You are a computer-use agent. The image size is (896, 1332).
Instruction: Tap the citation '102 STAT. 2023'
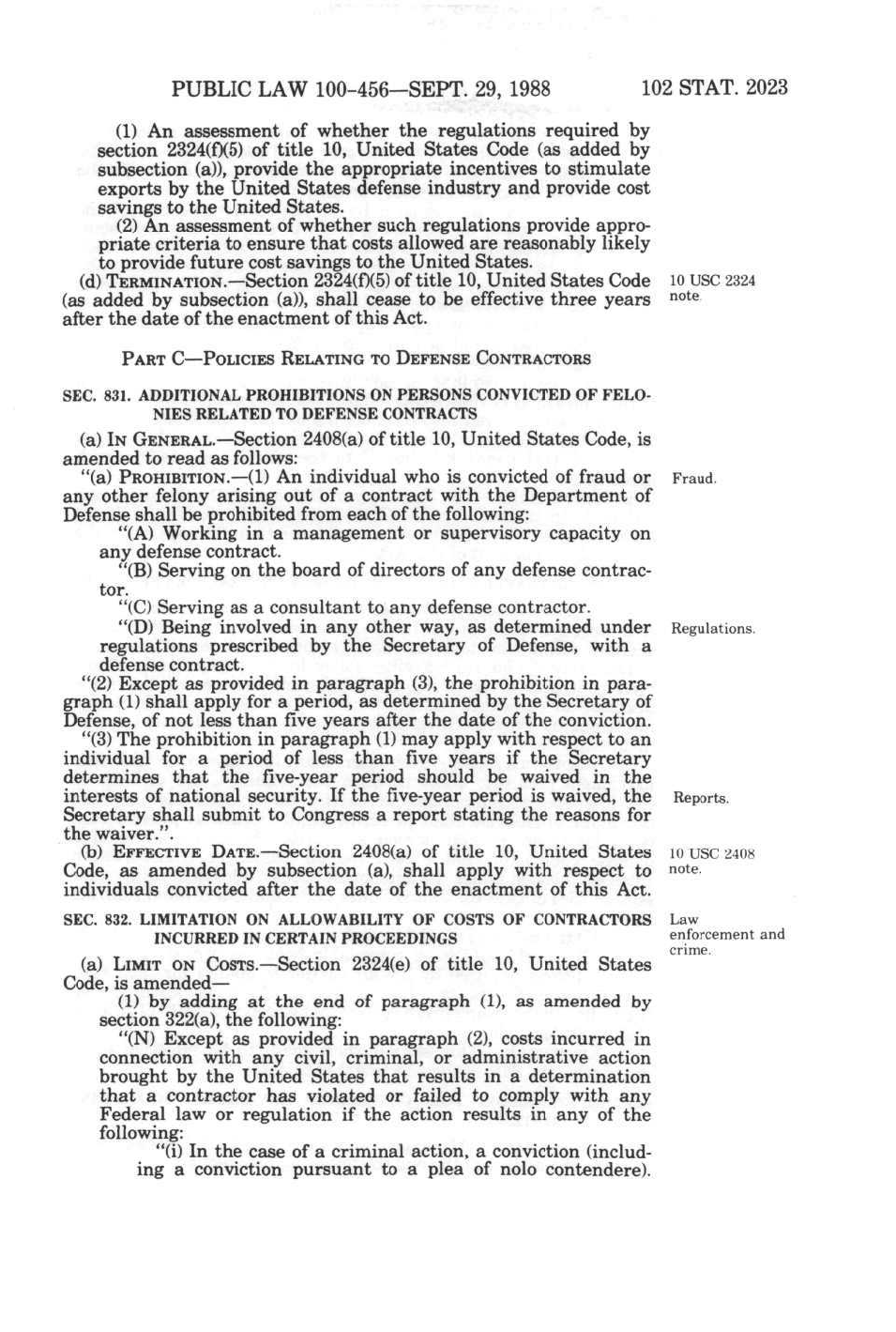[714, 88]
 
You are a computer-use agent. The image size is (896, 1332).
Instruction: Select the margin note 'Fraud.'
[694, 479]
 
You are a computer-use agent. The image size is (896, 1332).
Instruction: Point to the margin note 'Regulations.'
[713, 629]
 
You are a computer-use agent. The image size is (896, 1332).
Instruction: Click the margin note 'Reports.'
[701, 798]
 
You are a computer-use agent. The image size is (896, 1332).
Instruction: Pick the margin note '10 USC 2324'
[711, 281]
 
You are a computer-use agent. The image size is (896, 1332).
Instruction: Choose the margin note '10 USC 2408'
[711, 854]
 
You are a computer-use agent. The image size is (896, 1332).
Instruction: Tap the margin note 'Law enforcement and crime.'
[726, 935]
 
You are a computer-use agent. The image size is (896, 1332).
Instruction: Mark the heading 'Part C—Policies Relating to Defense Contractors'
[356, 359]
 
